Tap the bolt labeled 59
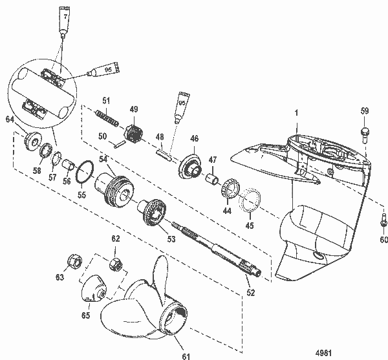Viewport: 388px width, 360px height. tap(365, 134)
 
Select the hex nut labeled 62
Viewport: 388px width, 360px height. tap(117, 263)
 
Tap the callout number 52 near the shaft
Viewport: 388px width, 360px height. tap(250, 293)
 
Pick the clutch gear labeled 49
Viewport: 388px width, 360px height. tap(133, 134)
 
